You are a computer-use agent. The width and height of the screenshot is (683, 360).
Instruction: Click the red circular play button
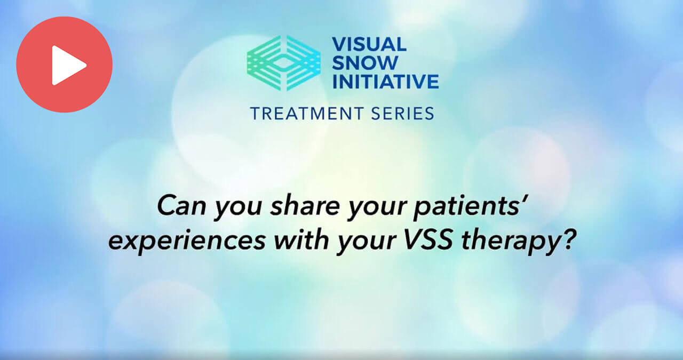64,65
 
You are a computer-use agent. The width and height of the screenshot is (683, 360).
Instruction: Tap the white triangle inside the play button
68,65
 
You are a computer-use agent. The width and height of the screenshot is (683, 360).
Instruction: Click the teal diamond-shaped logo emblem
283,62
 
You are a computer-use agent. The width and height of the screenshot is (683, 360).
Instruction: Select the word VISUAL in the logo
369,44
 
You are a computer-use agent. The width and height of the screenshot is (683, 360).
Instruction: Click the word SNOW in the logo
364,63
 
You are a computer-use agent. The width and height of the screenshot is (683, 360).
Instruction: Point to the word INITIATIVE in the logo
385,81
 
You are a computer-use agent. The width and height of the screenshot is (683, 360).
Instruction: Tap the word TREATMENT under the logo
307,113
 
